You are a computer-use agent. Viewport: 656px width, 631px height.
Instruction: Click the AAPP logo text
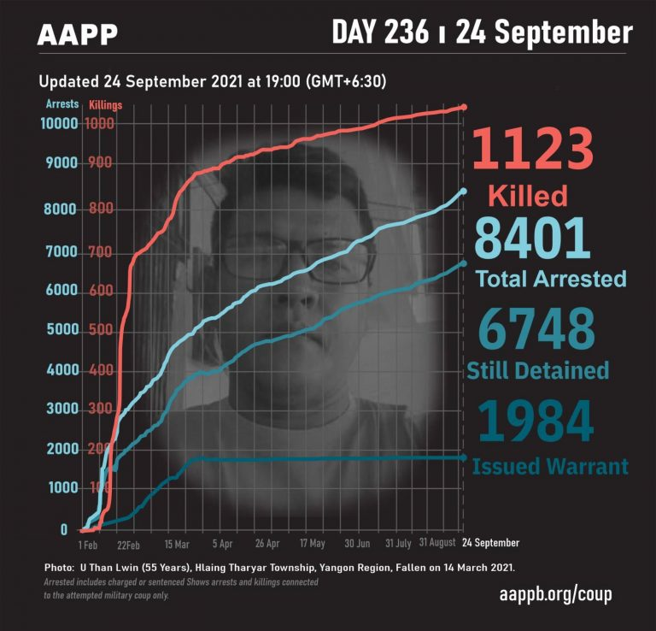(78, 34)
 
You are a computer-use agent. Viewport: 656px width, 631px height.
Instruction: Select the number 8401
(533, 238)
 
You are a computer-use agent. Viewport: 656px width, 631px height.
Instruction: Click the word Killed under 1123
(528, 196)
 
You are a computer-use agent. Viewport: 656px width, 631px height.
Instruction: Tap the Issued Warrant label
(550, 467)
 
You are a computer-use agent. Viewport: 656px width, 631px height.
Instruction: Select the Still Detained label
(538, 370)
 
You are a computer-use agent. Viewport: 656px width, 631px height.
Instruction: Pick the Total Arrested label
(550, 279)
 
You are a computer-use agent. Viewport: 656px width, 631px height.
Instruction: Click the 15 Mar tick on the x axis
(177, 543)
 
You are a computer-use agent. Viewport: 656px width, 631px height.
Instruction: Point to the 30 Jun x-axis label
(357, 543)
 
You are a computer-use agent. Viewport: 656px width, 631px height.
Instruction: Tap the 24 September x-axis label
(490, 543)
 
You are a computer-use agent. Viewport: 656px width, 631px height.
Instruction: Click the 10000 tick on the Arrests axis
(59, 123)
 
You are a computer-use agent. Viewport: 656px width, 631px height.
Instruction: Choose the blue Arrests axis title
(61, 103)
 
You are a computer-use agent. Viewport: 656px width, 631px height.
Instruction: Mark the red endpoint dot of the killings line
(464, 107)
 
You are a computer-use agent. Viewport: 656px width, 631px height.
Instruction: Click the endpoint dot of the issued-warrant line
(464, 457)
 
